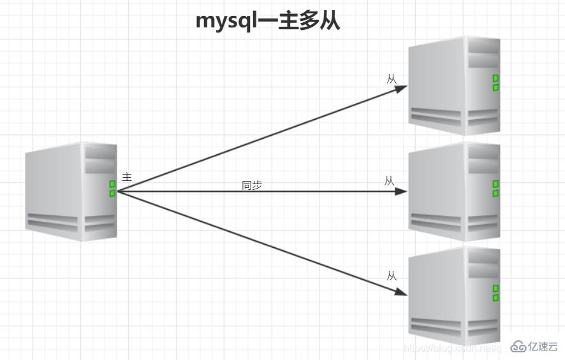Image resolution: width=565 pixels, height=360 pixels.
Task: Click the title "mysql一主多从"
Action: [x=268, y=21]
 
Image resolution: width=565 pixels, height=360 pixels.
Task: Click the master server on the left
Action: [x=71, y=192]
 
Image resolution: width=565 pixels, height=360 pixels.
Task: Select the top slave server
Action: [x=454, y=85]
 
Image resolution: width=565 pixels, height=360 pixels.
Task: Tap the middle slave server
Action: [x=454, y=192]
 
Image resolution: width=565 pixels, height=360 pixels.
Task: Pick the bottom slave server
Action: [x=454, y=296]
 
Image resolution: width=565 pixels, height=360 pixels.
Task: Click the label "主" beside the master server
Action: [x=127, y=176]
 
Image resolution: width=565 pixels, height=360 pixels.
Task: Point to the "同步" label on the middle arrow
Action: [x=252, y=185]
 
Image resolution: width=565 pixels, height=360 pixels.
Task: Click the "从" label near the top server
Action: [x=392, y=79]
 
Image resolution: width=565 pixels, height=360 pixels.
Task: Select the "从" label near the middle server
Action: [x=390, y=181]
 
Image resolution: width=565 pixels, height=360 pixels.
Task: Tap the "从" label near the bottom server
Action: [x=392, y=276]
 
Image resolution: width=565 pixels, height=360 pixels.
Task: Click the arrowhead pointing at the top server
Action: [x=401, y=89]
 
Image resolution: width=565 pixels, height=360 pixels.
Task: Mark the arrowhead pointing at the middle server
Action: [x=401, y=191]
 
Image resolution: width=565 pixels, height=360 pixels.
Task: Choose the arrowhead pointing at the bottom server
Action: [x=401, y=292]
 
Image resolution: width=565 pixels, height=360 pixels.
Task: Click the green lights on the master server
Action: [x=112, y=189]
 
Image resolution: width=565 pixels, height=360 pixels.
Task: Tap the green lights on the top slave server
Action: [x=495, y=83]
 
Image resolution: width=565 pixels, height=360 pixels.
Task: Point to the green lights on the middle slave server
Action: [x=495, y=189]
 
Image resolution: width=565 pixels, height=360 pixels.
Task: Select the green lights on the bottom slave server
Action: [x=495, y=293]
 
